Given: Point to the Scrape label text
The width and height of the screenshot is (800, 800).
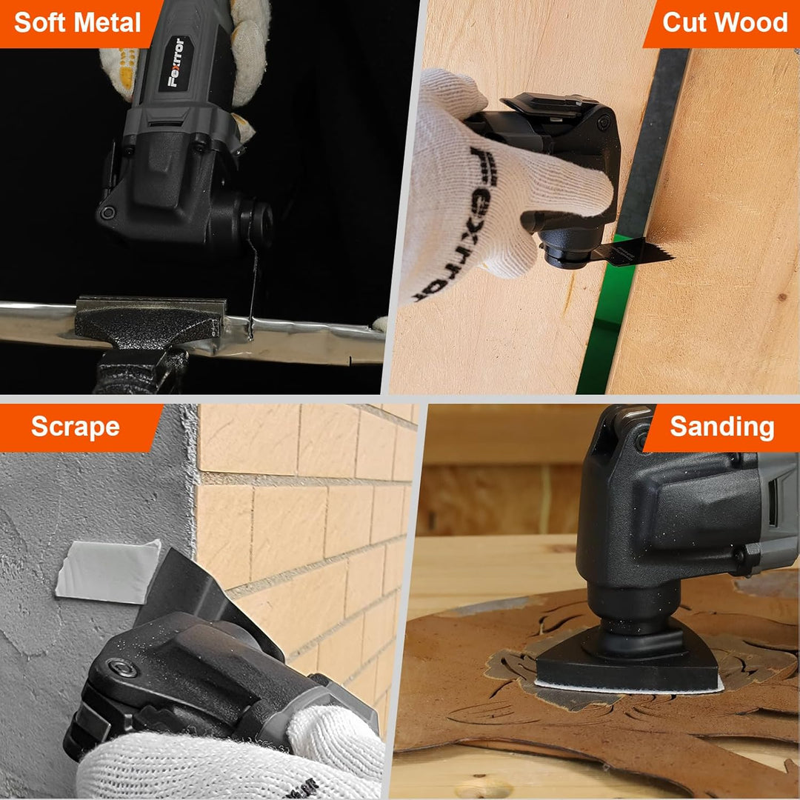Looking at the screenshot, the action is [x=76, y=427].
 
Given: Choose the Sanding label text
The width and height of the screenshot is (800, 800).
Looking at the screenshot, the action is [x=722, y=427].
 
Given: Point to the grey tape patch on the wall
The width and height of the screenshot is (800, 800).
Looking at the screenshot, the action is [x=107, y=571].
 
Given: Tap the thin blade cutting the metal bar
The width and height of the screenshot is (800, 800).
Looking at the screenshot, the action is [x=252, y=292].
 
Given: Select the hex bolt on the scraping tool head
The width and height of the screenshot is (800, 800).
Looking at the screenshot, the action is [x=122, y=668].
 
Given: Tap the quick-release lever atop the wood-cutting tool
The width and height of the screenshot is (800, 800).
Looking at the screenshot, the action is [x=548, y=104].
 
